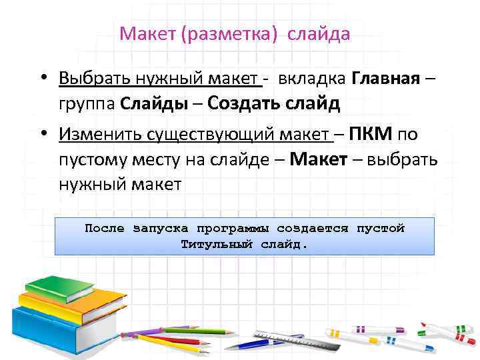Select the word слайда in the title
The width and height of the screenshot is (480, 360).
318,34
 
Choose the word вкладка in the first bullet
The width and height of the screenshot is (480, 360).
311,79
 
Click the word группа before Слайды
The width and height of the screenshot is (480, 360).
87,104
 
